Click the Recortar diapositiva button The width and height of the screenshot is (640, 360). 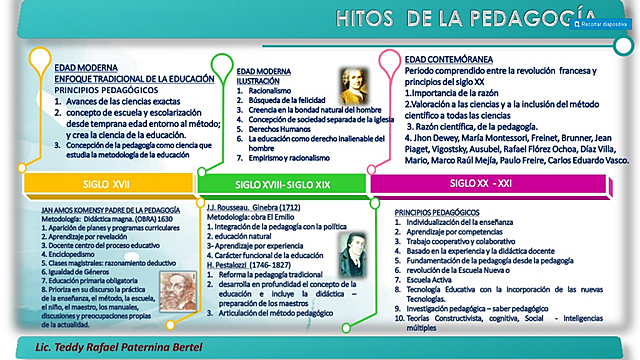[601, 23]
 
